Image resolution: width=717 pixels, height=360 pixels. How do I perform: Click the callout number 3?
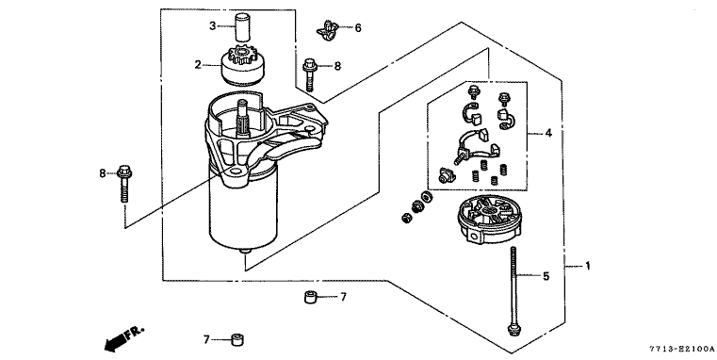(x=213, y=26)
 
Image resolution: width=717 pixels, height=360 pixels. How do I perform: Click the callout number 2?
(x=198, y=65)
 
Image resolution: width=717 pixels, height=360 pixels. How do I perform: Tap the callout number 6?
(x=358, y=28)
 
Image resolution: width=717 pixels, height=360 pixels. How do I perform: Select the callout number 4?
(x=548, y=133)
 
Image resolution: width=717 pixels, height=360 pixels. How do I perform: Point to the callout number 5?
(x=546, y=276)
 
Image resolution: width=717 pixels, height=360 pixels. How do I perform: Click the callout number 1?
(x=588, y=266)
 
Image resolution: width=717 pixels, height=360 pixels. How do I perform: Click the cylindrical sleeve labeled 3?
(x=241, y=28)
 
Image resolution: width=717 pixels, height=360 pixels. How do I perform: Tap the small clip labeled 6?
(x=327, y=31)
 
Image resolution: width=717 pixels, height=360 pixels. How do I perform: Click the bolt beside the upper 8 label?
(x=310, y=75)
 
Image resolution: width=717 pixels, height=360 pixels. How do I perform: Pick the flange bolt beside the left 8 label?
(x=123, y=184)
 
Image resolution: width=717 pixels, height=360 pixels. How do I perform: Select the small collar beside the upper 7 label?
(x=311, y=297)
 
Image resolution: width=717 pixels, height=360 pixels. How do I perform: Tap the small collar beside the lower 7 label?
(x=236, y=340)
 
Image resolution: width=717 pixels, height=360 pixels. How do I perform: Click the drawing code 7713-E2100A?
(x=681, y=349)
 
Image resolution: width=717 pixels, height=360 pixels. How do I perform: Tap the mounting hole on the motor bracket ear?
(x=236, y=172)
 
